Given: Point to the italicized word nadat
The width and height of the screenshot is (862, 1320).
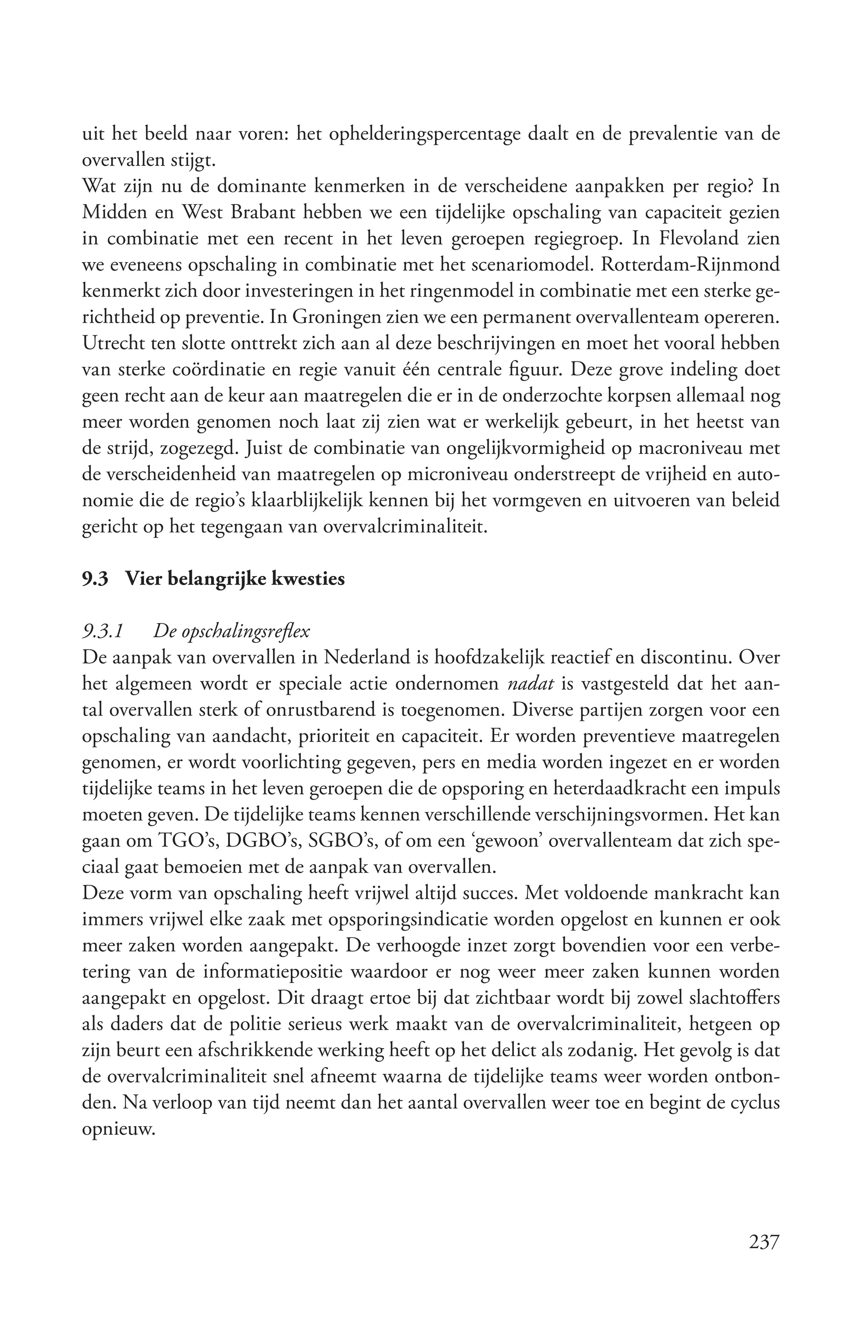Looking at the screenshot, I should pyautogui.click(x=531, y=684).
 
